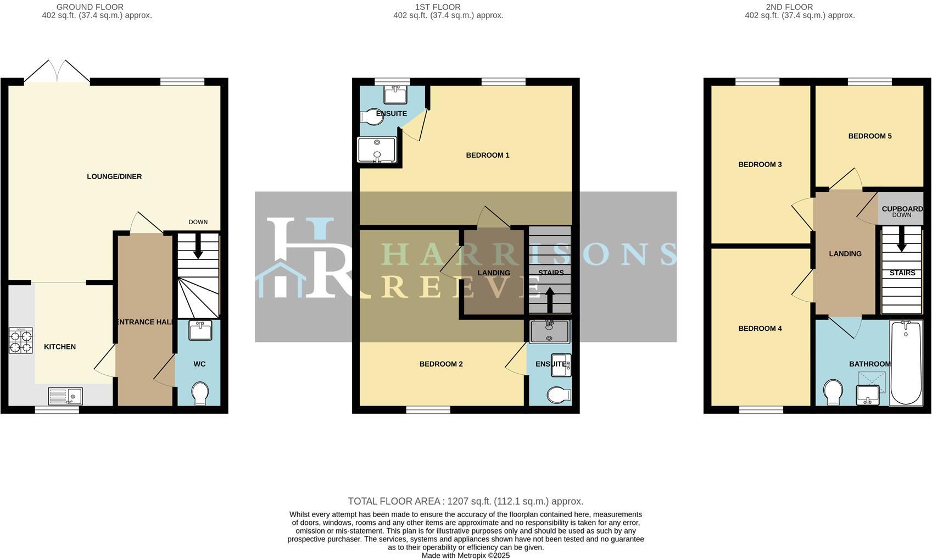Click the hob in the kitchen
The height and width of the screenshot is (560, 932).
point(20,340)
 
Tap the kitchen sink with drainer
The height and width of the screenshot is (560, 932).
point(65,396)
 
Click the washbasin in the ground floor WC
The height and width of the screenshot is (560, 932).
point(200,331)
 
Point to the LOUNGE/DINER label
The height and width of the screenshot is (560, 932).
point(114,176)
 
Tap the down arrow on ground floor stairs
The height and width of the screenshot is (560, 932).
point(198,247)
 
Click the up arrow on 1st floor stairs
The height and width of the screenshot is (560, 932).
point(549,298)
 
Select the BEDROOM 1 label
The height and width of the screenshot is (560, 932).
point(488,155)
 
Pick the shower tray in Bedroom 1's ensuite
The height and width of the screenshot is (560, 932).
point(377,149)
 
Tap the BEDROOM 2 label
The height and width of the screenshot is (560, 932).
point(441,364)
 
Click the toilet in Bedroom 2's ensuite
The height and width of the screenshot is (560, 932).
point(559,395)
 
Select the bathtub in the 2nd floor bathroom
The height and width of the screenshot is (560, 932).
point(906,363)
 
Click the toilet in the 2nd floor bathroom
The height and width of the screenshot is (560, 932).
point(834,392)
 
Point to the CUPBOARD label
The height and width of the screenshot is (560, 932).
point(902,209)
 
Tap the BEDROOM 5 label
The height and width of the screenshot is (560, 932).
point(870,136)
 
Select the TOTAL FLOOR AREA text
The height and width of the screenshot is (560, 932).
point(465,501)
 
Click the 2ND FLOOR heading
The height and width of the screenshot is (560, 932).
point(789,7)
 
